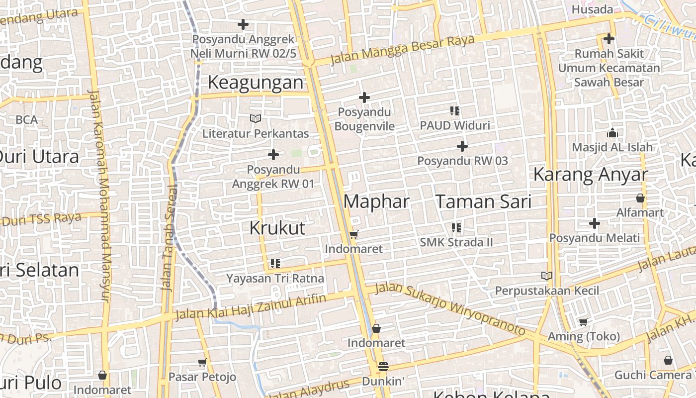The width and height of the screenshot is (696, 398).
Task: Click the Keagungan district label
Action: pyautogui.click(x=255, y=83)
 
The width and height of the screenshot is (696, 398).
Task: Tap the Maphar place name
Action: pyautogui.click(x=376, y=201)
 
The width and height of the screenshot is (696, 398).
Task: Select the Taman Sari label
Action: pyautogui.click(x=483, y=201)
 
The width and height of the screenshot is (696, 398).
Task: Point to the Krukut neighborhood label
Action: pyautogui.click(x=277, y=228)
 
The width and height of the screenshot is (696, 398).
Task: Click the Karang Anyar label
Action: pyautogui.click(x=591, y=175)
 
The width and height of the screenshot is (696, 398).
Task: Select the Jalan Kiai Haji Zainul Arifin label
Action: pyautogui.click(x=251, y=306)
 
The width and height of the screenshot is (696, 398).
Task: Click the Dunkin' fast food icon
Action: pyautogui.click(x=383, y=367)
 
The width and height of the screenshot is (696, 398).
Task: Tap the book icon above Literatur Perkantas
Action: pyautogui.click(x=256, y=119)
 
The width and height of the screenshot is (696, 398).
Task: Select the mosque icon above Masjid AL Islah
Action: pyautogui.click(x=612, y=133)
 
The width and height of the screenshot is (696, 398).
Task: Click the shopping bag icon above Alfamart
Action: pyautogui.click(x=640, y=198)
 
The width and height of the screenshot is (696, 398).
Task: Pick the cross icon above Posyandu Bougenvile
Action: pyautogui.click(x=364, y=98)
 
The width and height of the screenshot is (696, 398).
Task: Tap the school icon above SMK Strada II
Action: pyautogui.click(x=456, y=228)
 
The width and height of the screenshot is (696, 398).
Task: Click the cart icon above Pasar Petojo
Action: pyautogui.click(x=202, y=363)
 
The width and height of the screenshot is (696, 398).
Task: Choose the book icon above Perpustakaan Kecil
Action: pyautogui.click(x=547, y=276)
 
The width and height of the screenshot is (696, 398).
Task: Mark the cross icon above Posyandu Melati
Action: pyautogui.click(x=595, y=223)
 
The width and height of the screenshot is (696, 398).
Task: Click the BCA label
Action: pyautogui.click(x=26, y=120)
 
